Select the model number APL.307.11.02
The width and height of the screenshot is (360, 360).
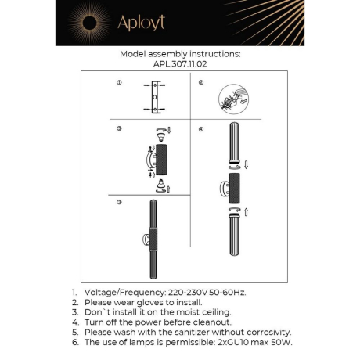click(x=179, y=66)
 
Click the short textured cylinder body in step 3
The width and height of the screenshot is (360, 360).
click(x=161, y=158)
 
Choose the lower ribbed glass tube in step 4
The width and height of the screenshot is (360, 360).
click(x=232, y=244)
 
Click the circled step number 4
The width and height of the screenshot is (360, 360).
click(x=200, y=128)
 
